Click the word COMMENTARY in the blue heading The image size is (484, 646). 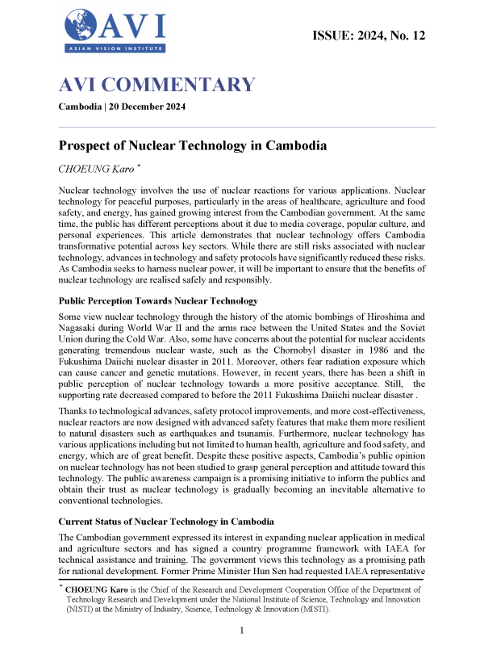pyautogui.click(x=180, y=85)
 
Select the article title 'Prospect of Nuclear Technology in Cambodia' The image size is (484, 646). pyautogui.click(x=192, y=147)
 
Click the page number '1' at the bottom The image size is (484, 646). pyautogui.click(x=243, y=629)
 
